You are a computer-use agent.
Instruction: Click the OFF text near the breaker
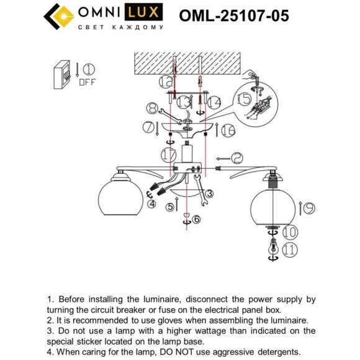click(x=87, y=81)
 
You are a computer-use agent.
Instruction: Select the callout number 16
click(x=227, y=130)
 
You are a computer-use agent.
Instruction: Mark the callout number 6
click(x=196, y=219)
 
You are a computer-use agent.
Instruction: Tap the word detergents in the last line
click(x=276, y=351)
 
